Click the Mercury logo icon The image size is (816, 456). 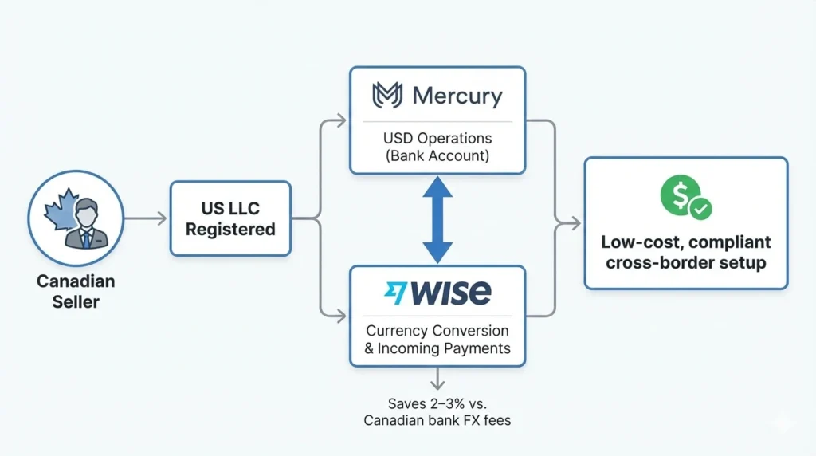[x=387, y=96]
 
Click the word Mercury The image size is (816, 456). [x=457, y=97]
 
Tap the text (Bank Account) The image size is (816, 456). [x=437, y=156]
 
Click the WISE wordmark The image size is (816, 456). [x=450, y=293]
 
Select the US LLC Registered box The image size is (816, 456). [x=230, y=218]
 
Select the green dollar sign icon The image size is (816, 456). [x=678, y=195]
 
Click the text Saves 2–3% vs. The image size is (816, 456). [x=437, y=402]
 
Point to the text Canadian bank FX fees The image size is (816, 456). [x=437, y=420]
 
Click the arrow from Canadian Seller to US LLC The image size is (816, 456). [x=146, y=218]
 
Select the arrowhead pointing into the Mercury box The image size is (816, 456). [x=341, y=121]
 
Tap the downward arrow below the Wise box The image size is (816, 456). [x=437, y=378]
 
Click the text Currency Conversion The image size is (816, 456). [x=437, y=330]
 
